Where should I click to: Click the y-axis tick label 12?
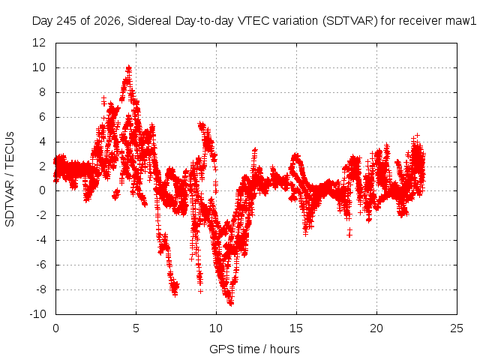(39, 43)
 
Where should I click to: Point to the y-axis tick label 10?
(39, 67)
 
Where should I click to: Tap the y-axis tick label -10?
(37, 313)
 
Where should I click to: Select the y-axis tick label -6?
(41, 265)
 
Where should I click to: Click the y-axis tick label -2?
(41, 215)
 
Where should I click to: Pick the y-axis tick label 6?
(42, 117)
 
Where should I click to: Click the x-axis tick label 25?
(457, 328)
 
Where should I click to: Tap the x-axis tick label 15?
(296, 328)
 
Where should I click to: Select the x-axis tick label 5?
(136, 328)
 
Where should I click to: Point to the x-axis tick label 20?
(376, 328)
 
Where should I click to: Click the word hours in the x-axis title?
(285, 349)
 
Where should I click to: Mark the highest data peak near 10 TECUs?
(129, 67)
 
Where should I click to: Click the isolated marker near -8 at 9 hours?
(200, 292)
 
